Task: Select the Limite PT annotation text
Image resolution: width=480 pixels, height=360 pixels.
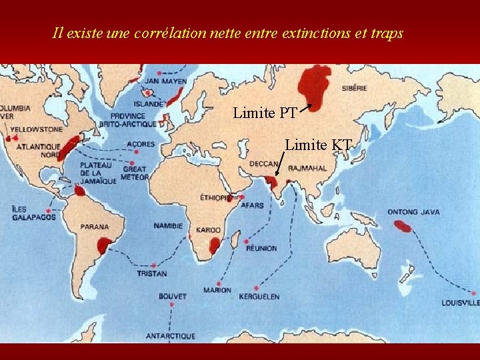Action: [265, 113]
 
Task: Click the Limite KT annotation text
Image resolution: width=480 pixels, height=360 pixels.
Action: [317, 143]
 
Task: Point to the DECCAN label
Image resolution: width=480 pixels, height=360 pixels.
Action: [264, 164]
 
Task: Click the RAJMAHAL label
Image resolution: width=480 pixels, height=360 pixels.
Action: [308, 168]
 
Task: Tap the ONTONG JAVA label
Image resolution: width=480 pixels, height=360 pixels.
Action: [413, 212]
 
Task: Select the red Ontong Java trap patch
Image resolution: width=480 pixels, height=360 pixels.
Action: [403, 226]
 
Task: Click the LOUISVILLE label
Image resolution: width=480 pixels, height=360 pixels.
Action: [460, 303]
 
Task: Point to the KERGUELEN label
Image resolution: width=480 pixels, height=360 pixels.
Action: [259, 297]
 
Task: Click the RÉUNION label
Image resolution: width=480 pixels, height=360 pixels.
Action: [261, 248]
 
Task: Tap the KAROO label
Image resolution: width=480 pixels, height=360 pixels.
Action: [208, 230]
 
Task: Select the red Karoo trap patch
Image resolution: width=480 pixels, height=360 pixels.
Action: [211, 246]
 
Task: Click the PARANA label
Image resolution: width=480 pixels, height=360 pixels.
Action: [95, 227]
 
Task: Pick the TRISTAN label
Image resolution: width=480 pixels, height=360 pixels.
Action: [152, 274]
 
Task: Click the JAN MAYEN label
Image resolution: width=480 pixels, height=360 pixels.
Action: [166, 81]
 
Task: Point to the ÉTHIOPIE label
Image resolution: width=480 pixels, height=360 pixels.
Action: [216, 197]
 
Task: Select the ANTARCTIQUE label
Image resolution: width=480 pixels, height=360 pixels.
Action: [171, 335]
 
